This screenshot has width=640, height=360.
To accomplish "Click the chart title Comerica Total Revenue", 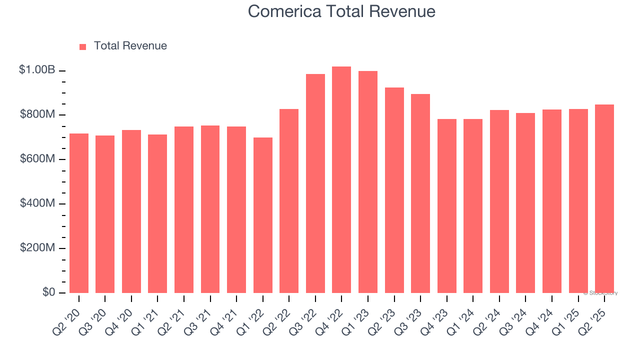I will [341, 11].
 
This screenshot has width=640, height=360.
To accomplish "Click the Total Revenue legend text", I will [130, 46].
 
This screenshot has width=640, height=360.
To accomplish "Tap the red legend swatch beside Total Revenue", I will [83, 46].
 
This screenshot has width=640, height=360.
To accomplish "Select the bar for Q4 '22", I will [341, 180].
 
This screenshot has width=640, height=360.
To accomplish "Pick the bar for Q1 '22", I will [263, 215].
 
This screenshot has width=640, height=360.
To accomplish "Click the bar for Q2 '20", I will [79, 213].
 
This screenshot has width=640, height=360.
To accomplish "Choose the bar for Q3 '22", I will [315, 183].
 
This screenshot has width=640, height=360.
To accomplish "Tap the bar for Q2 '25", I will [604, 198].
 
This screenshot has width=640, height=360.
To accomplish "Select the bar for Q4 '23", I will [447, 206].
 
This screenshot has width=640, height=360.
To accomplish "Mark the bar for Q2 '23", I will [394, 190].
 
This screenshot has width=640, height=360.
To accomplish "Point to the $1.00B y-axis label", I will [37, 70].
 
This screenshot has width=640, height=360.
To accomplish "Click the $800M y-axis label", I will [37, 114].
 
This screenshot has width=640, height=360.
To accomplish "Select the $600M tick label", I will [37, 159].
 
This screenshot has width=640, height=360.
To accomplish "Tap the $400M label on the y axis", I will [37, 203].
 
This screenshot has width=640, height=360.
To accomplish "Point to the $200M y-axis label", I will [37, 248].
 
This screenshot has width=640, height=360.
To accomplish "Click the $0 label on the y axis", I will [48, 292].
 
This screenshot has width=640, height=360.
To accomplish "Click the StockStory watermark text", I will [600, 293].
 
